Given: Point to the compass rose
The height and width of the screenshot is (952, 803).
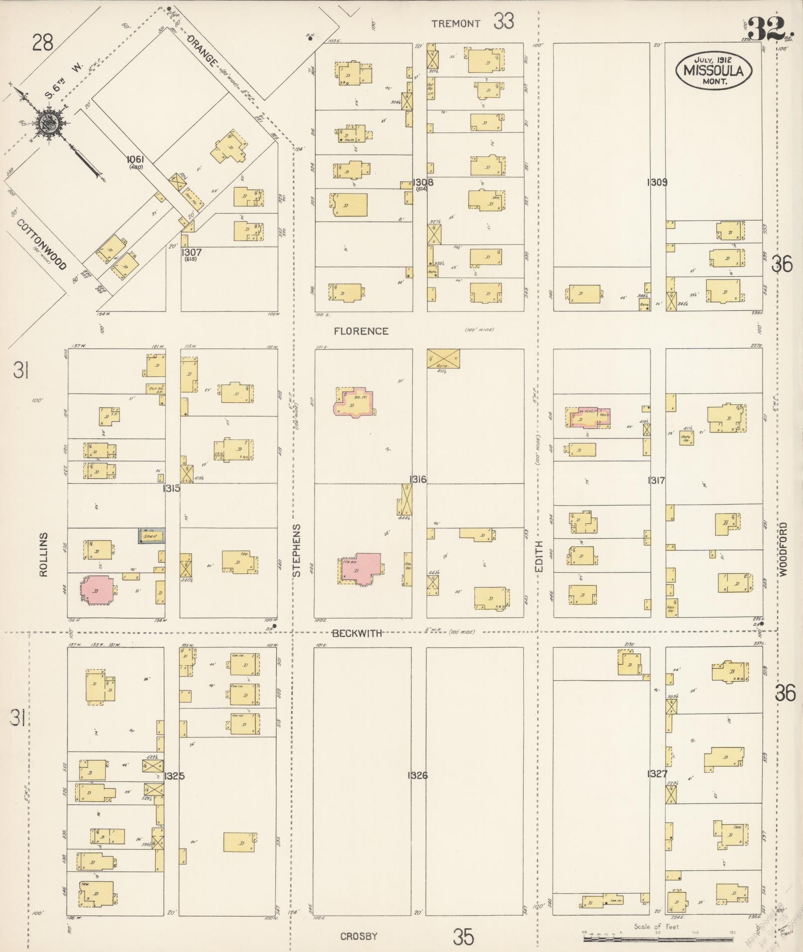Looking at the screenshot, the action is [49, 121].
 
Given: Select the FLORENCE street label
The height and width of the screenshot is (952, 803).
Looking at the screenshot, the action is [361, 331].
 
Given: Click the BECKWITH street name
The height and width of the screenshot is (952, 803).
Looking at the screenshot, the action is [357, 633].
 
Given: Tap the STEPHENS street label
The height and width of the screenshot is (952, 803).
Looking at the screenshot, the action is [297, 550].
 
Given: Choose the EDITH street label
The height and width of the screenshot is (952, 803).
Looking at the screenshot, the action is [539, 556].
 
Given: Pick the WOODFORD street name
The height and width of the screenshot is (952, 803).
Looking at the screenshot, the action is [784, 549].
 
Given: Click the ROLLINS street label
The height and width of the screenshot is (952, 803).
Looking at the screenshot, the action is [43, 554].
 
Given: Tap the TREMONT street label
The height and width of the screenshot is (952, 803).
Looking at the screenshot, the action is [456, 23].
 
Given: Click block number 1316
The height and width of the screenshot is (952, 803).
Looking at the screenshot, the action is [418, 479].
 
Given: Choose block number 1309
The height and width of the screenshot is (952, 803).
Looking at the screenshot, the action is [657, 182].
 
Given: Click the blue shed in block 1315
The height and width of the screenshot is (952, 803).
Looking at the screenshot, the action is [152, 536].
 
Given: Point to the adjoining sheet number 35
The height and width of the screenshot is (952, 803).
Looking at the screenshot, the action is [463, 938].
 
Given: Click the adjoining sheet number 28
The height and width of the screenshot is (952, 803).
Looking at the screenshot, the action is [43, 43].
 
